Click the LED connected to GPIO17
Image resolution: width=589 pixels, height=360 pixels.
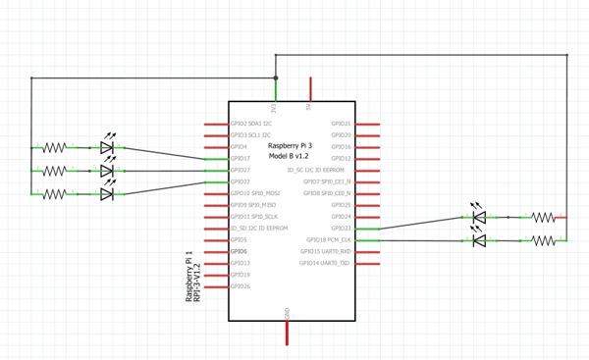pos(107,147)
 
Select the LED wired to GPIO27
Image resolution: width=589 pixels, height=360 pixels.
pos(107,171)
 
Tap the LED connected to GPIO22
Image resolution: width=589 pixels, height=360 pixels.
pos(107,194)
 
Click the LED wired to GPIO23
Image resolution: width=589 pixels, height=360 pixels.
pos(478,217)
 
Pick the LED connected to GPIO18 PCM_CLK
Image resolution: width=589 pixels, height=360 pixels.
pos(478,239)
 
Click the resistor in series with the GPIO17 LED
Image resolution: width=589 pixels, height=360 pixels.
pos(54,147)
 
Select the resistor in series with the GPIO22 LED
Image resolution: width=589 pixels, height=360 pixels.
pos(54,194)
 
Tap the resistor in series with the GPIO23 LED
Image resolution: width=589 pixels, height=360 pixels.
pos(543,217)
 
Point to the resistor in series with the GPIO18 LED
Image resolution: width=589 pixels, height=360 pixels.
pos(543,239)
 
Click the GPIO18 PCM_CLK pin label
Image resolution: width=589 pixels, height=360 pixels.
pos(329,240)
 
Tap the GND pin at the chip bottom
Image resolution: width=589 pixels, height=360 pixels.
pos(287,334)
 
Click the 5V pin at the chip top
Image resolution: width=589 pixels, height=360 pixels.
pos(311,89)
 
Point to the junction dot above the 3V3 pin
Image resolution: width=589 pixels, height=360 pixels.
pos(276,77)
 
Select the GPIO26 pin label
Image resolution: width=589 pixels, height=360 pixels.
pos(241,286)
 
